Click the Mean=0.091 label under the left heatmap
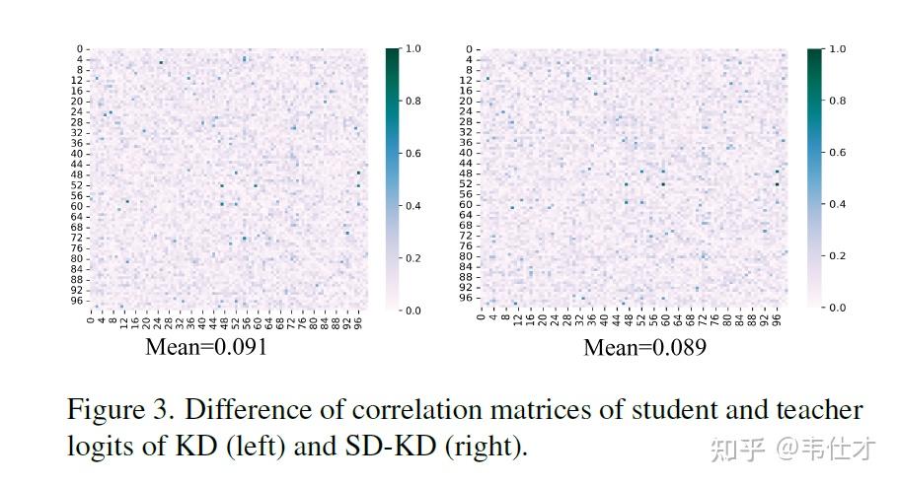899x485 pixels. tap(206, 347)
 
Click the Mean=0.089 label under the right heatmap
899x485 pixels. tap(644, 347)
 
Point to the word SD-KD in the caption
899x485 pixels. tap(387, 446)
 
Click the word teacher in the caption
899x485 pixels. tap(818, 409)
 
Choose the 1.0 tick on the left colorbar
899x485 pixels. tap(413, 48)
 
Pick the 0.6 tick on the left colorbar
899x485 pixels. tap(413, 153)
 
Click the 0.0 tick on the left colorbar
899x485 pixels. tap(413, 311)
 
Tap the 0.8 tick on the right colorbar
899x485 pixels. tap(836, 100)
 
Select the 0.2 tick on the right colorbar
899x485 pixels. tap(836, 256)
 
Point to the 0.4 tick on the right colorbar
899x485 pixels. tap(836, 204)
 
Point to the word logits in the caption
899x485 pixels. tap(95, 446)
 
